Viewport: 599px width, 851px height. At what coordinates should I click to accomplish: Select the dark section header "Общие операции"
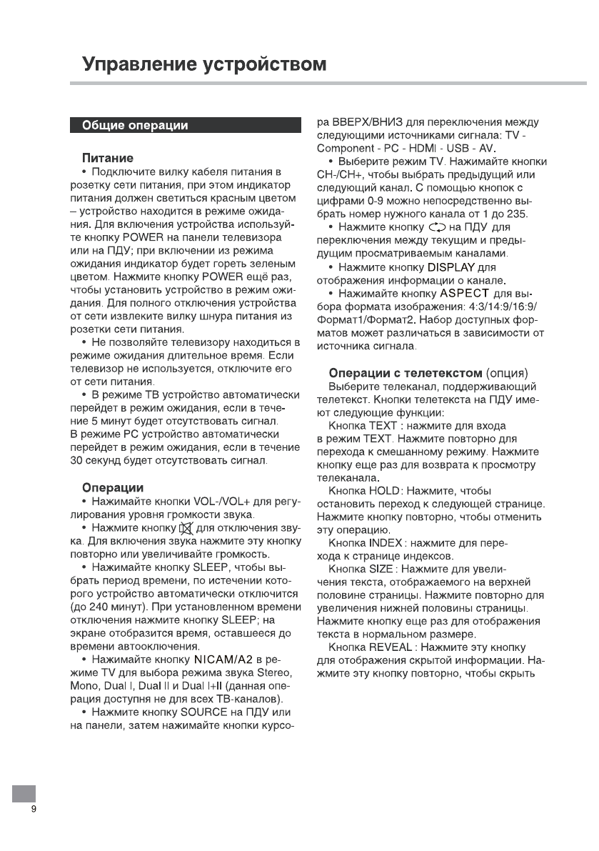(136, 126)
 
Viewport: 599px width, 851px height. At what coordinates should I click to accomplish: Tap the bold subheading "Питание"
(108, 157)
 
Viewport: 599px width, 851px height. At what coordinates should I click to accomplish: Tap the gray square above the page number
(24, 793)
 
